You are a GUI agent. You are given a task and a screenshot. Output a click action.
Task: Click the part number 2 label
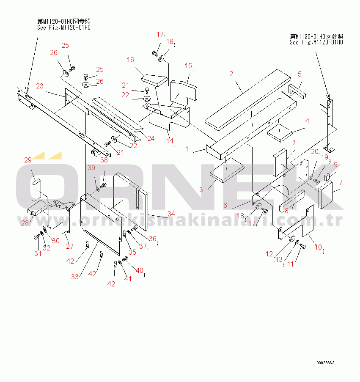pos(231,74)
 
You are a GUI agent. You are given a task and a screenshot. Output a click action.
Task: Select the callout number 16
pos(130,60)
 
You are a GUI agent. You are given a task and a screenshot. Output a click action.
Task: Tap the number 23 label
pos(39,86)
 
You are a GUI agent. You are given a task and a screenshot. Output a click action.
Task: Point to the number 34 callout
pos(171,214)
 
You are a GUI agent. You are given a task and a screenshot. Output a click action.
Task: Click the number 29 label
pos(28,160)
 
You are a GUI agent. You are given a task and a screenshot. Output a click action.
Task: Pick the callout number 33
pos(75,277)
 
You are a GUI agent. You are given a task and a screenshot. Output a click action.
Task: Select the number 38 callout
pos(104,160)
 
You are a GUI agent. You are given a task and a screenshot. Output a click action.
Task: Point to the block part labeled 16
pos(155,80)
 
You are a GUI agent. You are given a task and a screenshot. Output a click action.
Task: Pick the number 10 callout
pos(319,247)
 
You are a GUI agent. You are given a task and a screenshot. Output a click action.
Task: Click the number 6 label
pos(225,205)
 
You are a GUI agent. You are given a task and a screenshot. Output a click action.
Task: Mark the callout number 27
pos(69,246)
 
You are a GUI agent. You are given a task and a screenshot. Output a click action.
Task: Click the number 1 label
pos(187,149)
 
